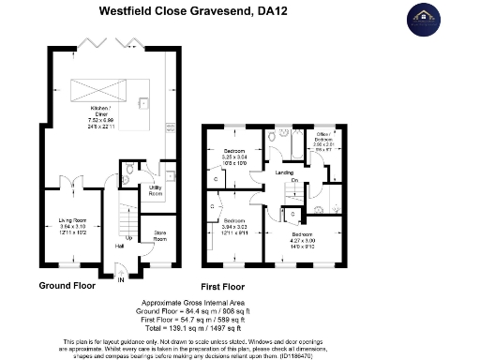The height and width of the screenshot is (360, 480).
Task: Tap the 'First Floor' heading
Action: (222, 284)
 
